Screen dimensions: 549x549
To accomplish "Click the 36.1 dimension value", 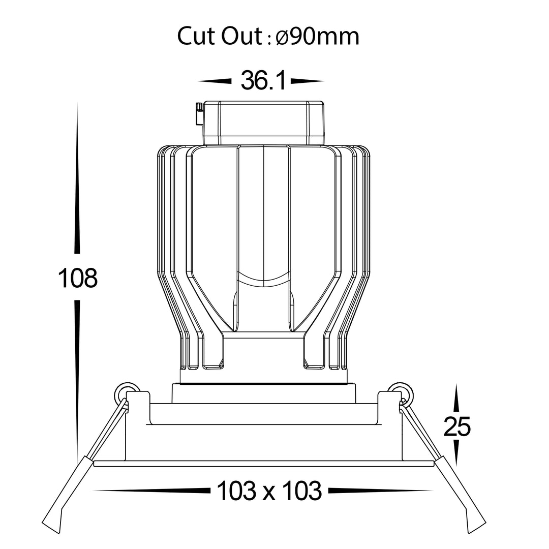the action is tap(263, 80).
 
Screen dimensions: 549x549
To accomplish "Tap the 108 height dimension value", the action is tap(77, 278).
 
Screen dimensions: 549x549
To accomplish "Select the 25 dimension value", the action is tap(457, 426).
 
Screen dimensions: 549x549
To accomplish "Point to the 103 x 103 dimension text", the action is tap(269, 491).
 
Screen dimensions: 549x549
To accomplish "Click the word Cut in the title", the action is tap(196, 36).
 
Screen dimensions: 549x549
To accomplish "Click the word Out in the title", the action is tap(241, 36).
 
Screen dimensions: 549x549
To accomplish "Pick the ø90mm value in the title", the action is tap(318, 36).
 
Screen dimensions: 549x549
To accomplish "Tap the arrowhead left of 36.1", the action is tap(215, 81).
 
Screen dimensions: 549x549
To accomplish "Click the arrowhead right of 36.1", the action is tap(308, 81).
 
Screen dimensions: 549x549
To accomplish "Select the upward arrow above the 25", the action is tap(456, 398).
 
